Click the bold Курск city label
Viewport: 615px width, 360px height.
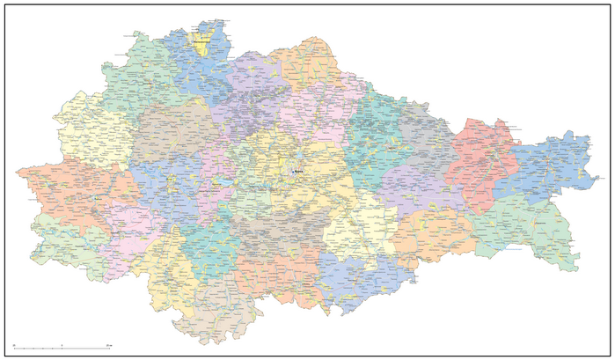(x=299, y=171)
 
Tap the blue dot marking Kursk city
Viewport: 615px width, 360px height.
(x=292, y=171)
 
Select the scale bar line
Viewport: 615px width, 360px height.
(x=62, y=349)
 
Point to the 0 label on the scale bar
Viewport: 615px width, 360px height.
(x=14, y=344)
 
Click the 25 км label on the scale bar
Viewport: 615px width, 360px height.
(x=107, y=344)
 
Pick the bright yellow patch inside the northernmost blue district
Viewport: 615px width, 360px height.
(x=203, y=45)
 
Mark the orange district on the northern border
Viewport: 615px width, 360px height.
(x=304, y=66)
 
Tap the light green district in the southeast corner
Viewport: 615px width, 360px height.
(x=528, y=233)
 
